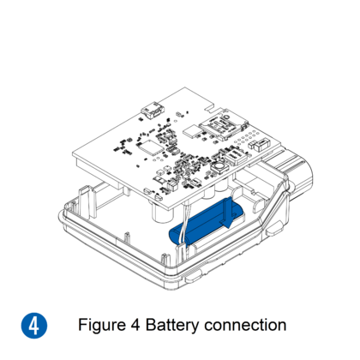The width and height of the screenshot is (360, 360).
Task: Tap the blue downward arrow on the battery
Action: [227, 213]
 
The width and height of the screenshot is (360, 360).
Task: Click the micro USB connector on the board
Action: [153, 111]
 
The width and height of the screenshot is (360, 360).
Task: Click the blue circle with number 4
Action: [34, 326]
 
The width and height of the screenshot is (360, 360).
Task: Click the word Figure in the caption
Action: [102, 326]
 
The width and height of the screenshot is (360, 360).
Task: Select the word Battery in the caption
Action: [172, 326]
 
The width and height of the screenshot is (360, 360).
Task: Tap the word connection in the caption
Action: [245, 326]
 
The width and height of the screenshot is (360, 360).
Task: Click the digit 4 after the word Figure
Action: [135, 325]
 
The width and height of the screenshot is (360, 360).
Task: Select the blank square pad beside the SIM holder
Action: [191, 131]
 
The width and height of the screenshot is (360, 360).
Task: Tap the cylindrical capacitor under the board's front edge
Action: [162, 213]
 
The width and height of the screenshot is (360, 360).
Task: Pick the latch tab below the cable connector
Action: [273, 230]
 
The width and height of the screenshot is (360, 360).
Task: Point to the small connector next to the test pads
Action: [259, 145]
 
